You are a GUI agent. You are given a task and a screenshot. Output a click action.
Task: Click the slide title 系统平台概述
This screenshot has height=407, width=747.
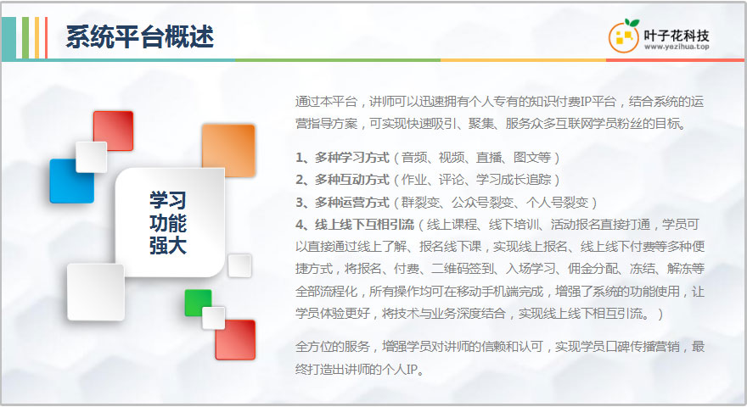click(140, 37)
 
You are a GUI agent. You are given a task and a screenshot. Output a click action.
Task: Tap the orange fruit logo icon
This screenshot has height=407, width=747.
click(624, 36)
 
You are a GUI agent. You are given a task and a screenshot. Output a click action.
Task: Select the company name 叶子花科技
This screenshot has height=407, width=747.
click(677, 36)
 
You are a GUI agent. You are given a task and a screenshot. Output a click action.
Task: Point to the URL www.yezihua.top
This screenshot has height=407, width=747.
click(677, 47)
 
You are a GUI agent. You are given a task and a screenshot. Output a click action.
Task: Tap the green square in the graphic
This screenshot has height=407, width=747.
click(197, 302)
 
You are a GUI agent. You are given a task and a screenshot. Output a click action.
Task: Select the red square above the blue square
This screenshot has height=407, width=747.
click(115, 130)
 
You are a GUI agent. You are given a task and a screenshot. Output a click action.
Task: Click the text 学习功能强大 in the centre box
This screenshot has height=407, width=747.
click(168, 223)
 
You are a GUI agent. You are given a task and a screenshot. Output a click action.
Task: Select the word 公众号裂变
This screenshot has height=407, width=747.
click(482, 203)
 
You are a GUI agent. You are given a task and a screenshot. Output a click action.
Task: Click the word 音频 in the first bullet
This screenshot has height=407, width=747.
click(414, 157)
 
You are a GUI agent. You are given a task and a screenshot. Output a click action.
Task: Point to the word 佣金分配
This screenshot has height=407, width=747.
click(593, 269)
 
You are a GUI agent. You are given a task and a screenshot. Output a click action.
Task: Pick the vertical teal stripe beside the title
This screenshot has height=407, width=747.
click(8, 38)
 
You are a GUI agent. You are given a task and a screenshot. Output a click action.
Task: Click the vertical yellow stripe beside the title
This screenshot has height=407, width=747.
click(37, 38)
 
